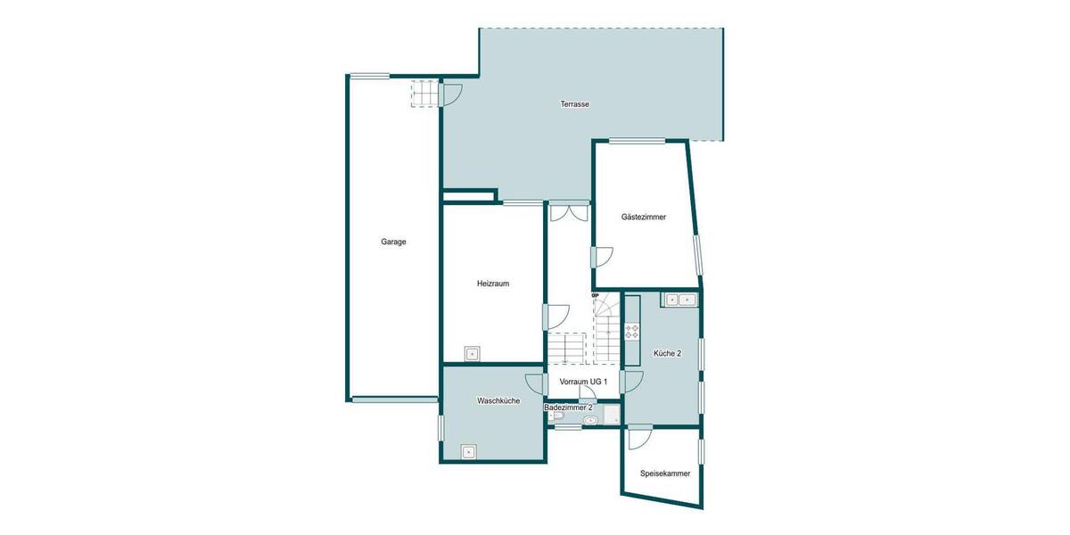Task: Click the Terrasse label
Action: point(574,104)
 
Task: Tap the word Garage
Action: point(393,242)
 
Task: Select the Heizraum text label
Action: point(492,284)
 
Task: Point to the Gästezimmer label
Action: point(643,217)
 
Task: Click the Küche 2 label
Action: point(667,353)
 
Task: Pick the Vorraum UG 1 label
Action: point(583,382)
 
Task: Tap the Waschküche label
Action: point(498,400)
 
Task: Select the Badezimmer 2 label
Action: point(568,407)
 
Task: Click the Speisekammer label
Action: point(664,473)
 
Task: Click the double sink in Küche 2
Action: point(679,300)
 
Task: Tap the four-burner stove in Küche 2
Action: point(632,331)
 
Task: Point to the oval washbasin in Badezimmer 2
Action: point(588,419)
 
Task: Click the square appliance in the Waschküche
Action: point(469,451)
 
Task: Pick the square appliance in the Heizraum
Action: point(472,353)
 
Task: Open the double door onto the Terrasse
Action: point(568,212)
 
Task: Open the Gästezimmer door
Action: point(602,256)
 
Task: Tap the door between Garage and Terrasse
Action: point(450,93)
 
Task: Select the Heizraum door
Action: point(556,317)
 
